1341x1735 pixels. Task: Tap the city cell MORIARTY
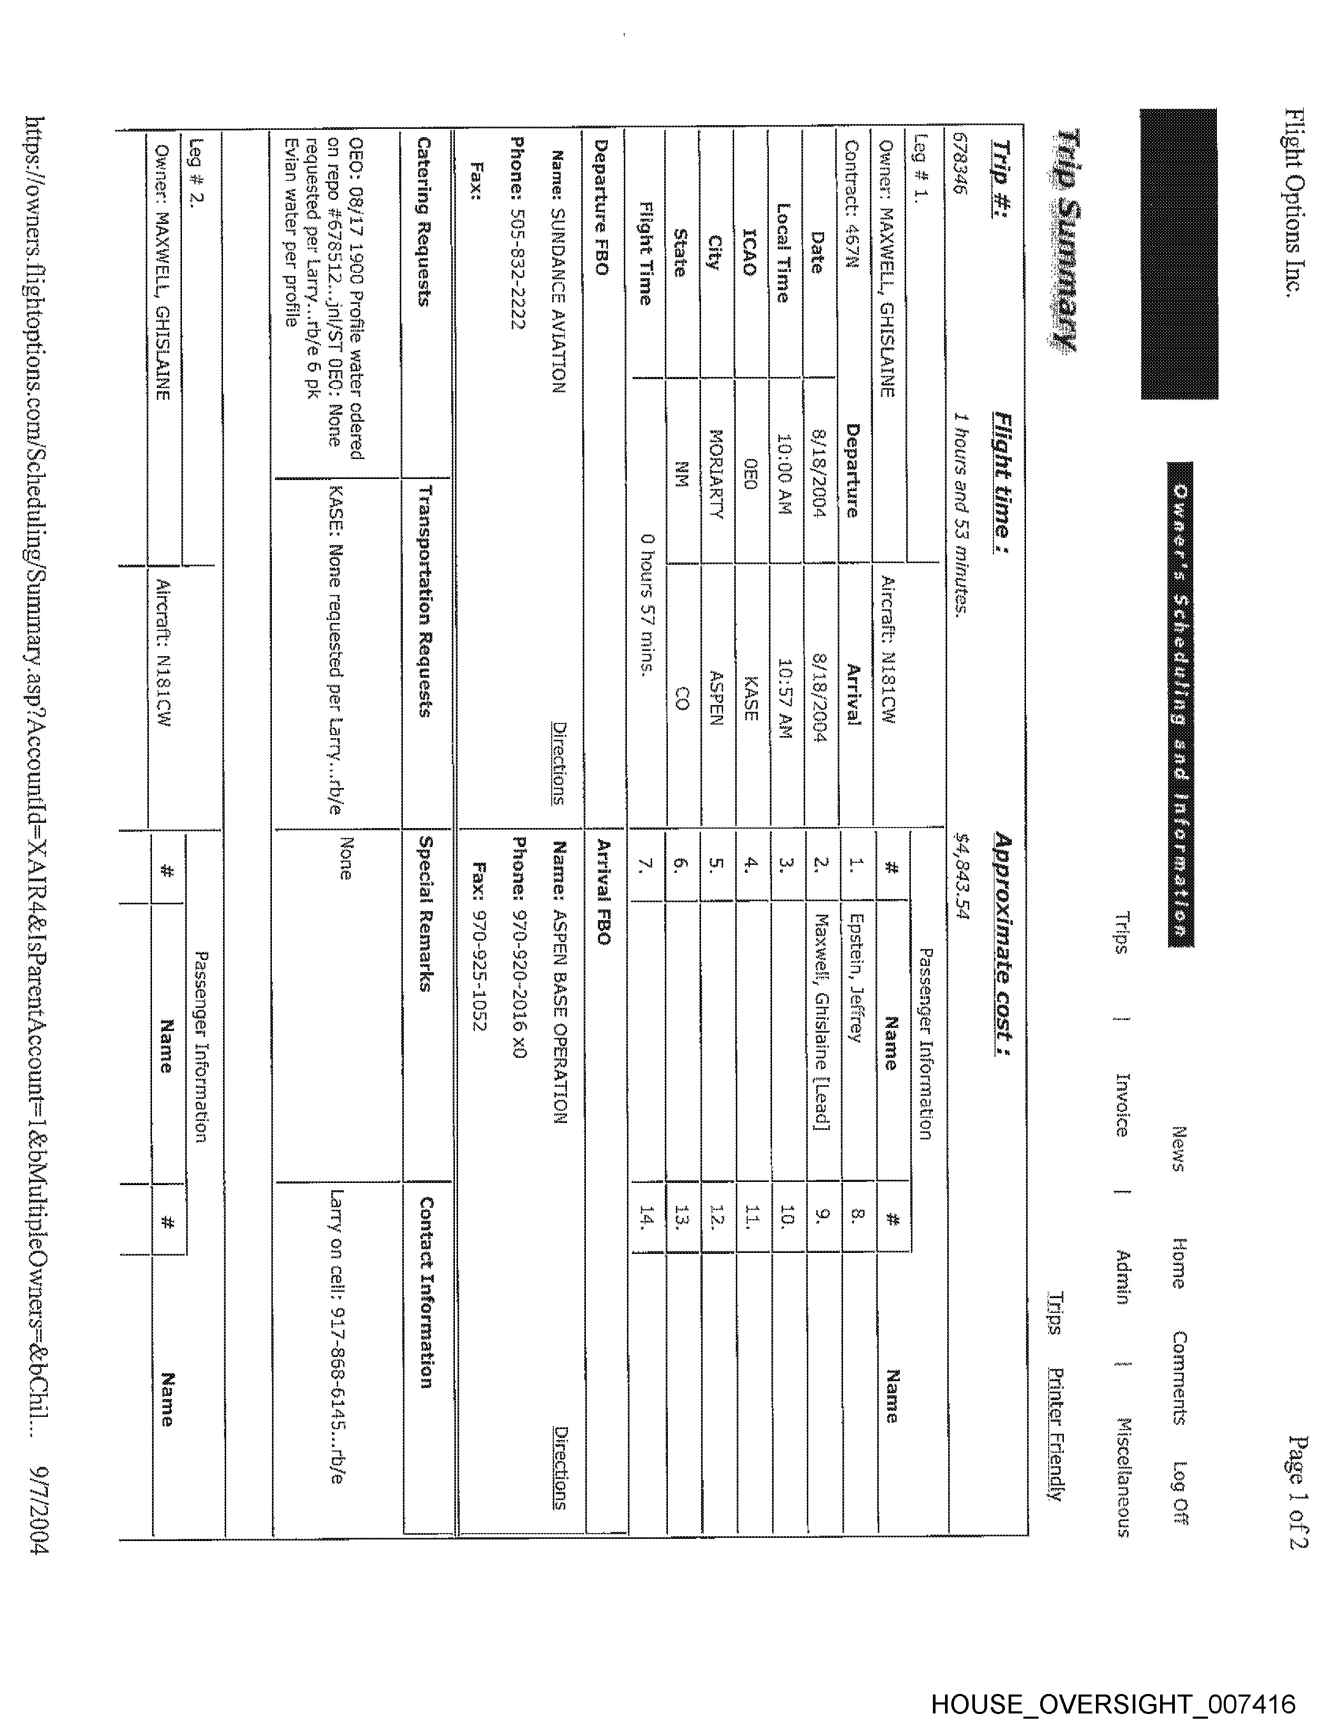pyautogui.click(x=714, y=474)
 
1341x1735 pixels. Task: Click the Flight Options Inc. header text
pyautogui.click(x=1293, y=202)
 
